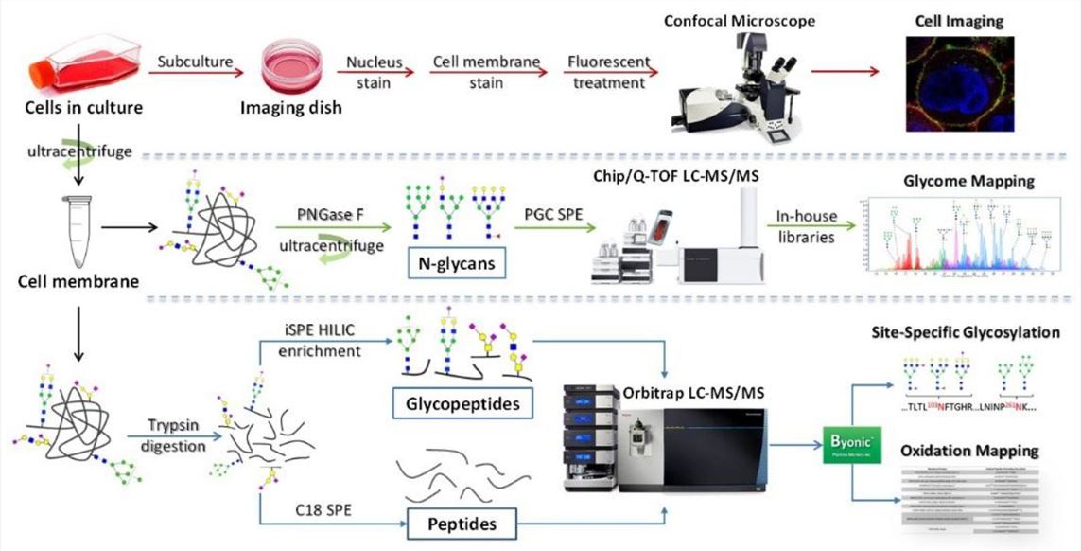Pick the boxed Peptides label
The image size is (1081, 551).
pyautogui.click(x=462, y=521)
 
